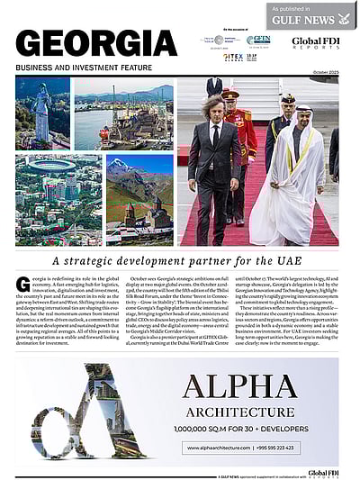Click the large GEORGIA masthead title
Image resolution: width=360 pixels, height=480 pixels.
point(96,42)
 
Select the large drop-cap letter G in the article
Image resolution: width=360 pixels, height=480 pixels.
point(22,285)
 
